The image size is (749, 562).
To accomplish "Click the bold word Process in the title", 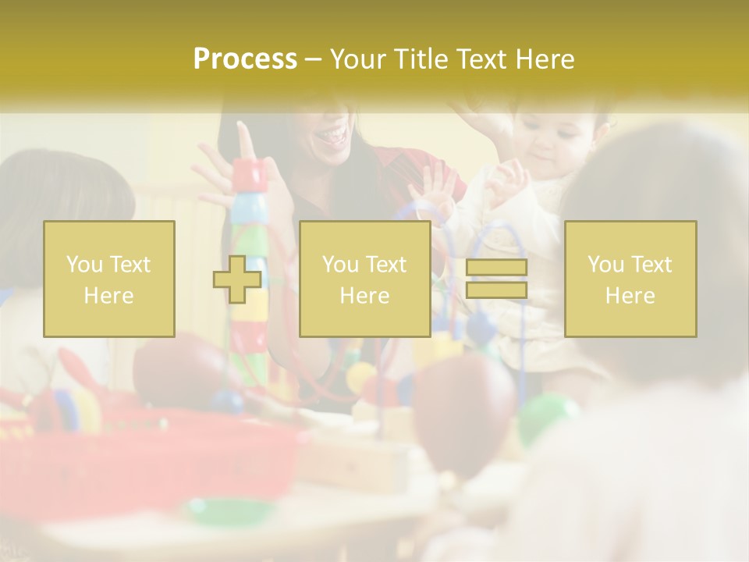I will (245, 59).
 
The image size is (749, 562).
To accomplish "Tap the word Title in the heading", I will (420, 59).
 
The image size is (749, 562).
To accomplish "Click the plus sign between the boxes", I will (237, 279).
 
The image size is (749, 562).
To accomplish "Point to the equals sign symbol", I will (496, 279).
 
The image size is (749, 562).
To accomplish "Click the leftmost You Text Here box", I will (109, 279).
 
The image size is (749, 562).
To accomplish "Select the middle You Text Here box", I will (364, 279).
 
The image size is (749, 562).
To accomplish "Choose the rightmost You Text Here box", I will (630, 279).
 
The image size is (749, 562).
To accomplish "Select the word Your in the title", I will (359, 59).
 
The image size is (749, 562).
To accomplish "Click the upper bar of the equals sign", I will (496, 268).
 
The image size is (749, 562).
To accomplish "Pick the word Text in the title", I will (481, 59).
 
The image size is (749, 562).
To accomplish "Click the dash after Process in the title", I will (314, 60).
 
